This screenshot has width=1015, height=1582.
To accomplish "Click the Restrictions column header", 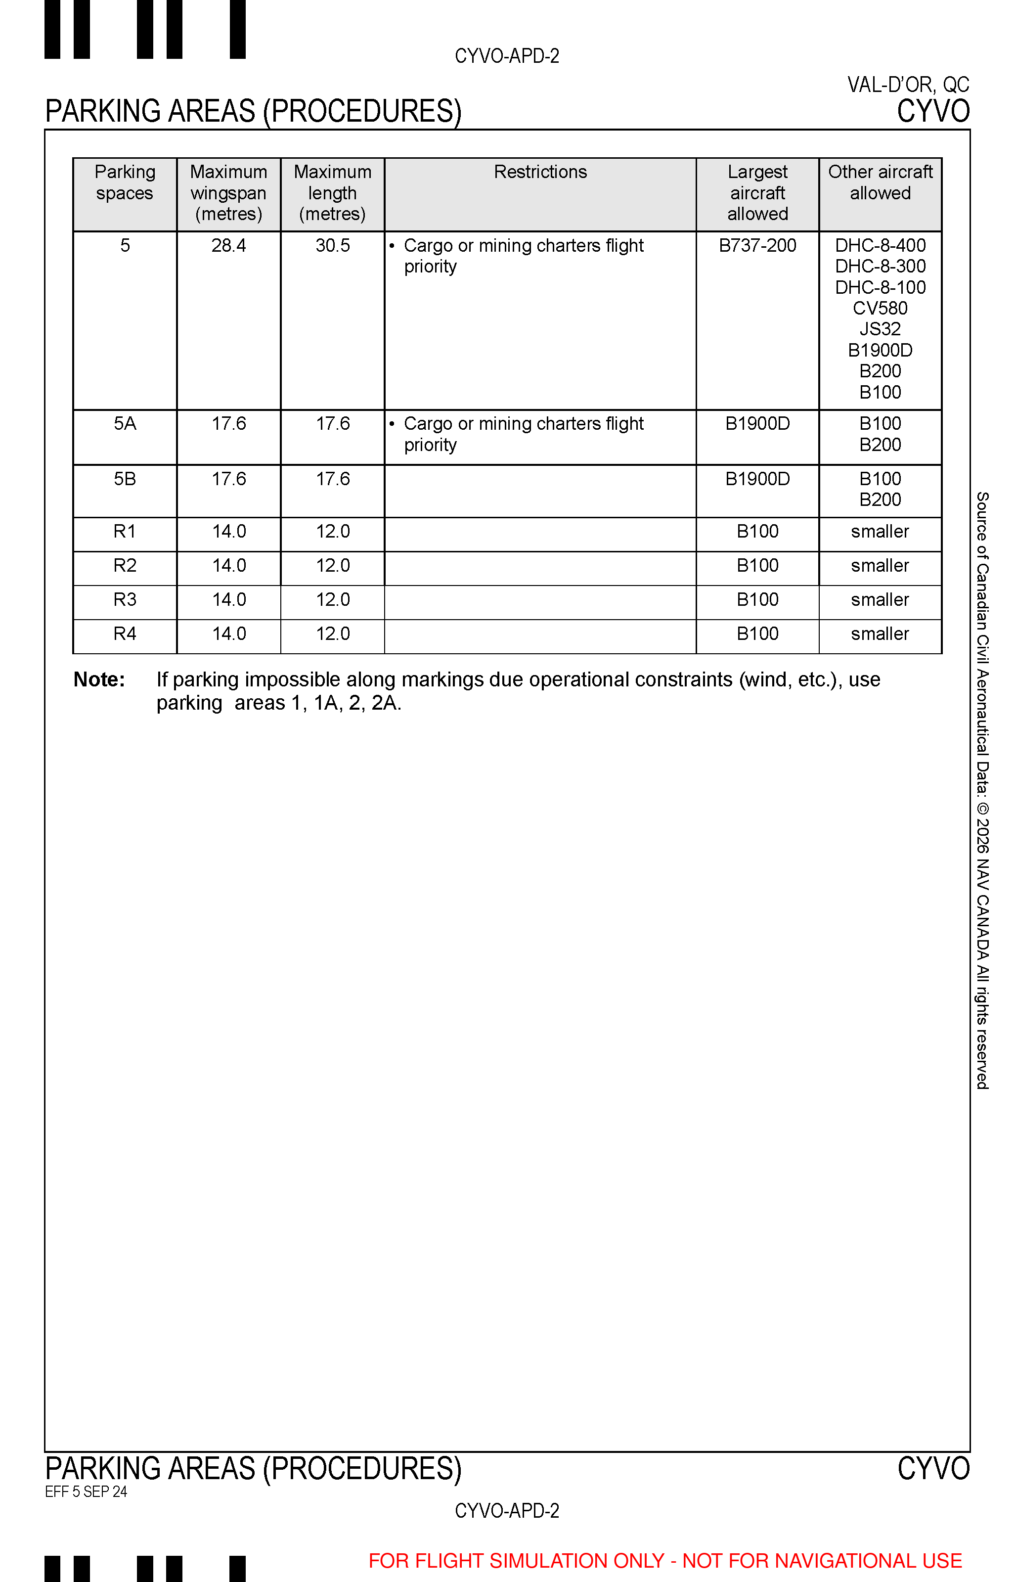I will coord(540,172).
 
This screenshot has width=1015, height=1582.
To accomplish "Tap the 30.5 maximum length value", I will coord(332,246).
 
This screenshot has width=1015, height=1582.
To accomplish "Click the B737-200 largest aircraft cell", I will coord(757,246).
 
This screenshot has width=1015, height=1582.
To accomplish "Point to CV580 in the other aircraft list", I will coord(880,309).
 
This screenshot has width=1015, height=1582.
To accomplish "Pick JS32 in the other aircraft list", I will coord(880,329).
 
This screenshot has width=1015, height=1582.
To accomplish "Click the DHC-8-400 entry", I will coord(880,246).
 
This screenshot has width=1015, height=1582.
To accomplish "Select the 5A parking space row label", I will coord(125,424).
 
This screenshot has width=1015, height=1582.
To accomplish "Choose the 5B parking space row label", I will coord(125,479).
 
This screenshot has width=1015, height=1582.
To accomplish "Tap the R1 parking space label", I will coord(125,531).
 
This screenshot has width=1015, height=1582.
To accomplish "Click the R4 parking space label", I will coord(125,634).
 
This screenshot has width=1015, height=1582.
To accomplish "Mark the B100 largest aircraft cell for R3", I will coord(757,600).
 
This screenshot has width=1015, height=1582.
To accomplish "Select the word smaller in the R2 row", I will coord(880,566).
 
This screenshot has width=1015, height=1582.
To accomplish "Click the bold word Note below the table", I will coord(99,679).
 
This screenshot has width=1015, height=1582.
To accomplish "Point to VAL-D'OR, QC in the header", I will coord(908,85).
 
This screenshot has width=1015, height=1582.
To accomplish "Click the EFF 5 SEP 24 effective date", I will coord(86,1492).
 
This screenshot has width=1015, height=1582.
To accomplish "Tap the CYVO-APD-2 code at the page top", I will coord(507,56).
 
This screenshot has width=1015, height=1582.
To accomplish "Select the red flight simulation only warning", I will coord(665,1561).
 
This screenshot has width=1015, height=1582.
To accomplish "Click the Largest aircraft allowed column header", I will coord(757,193).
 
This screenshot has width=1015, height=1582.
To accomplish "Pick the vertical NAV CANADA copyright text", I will coord(982,791).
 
